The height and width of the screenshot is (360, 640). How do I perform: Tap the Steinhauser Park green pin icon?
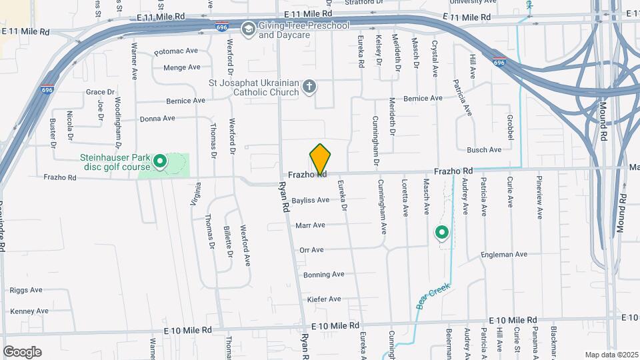pyautogui.click(x=160, y=161)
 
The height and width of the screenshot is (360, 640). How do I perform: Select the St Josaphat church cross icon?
pyautogui.click(x=309, y=86)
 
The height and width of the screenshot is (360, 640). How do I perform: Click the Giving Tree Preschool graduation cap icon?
pyautogui.click(x=248, y=28)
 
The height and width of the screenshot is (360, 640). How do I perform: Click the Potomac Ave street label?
pyautogui.click(x=176, y=51)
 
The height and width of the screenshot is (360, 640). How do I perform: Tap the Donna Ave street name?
pyautogui.click(x=157, y=118)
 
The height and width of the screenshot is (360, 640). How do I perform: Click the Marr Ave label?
pyautogui.click(x=310, y=225)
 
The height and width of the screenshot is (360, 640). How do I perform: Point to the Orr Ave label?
pyautogui.click(x=311, y=250)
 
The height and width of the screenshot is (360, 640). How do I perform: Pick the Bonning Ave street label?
pyautogui.click(x=323, y=275)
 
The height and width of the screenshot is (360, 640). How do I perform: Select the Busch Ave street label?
pyautogui.click(x=484, y=150)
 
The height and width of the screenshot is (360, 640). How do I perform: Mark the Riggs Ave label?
pyautogui.click(x=26, y=290)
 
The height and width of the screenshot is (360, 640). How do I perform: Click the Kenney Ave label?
pyautogui.click(x=29, y=311)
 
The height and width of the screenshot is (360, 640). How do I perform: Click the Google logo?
pyautogui.click(x=22, y=351)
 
